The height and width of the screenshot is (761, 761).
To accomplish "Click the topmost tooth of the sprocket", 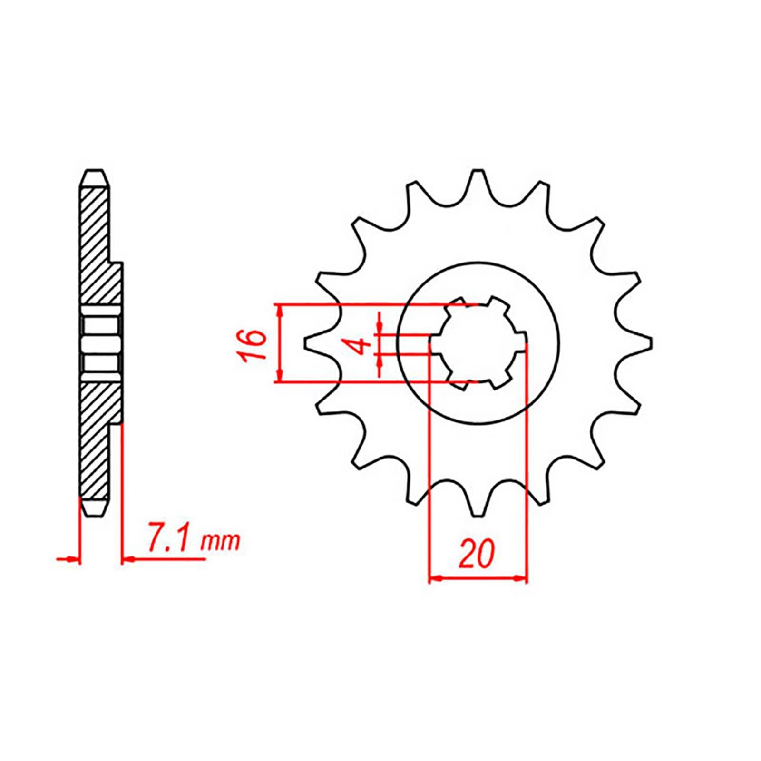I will pyautogui.click(x=477, y=178).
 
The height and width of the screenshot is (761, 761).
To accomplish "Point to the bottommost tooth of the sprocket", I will pyautogui.click(x=477, y=508).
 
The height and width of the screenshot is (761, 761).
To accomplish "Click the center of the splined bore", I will pyautogui.click(x=478, y=343).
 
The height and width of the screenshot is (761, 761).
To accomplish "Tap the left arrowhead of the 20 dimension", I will pyautogui.click(x=435, y=579).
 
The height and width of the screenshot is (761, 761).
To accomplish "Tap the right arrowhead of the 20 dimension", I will pyautogui.click(x=522, y=579).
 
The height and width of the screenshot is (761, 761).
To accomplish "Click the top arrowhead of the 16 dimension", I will pyautogui.click(x=281, y=310).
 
